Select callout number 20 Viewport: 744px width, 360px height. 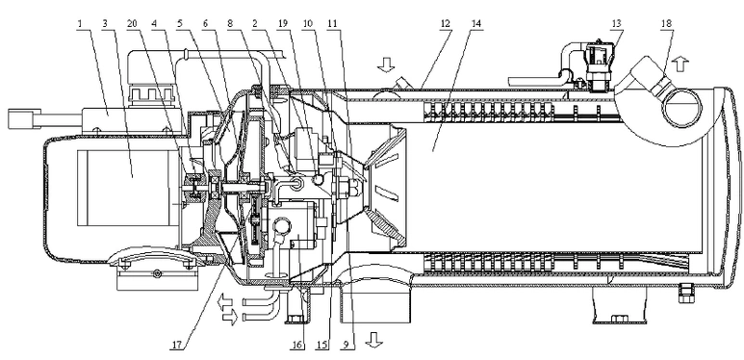[133, 24]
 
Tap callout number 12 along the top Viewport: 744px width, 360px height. [446, 24]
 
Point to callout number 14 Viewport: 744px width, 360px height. [476, 24]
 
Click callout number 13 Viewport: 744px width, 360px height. [617, 24]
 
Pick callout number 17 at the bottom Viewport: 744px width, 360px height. [176, 346]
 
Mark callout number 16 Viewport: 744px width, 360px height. [296, 346]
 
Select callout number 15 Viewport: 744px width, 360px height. [322, 346]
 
